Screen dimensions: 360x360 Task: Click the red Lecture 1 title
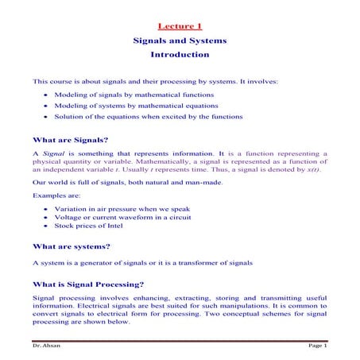(180, 26)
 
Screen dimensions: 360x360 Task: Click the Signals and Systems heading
(180, 41)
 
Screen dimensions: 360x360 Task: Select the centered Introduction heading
(180, 55)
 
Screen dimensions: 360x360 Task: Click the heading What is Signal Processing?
(87, 284)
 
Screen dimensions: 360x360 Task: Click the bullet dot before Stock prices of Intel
(47, 226)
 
